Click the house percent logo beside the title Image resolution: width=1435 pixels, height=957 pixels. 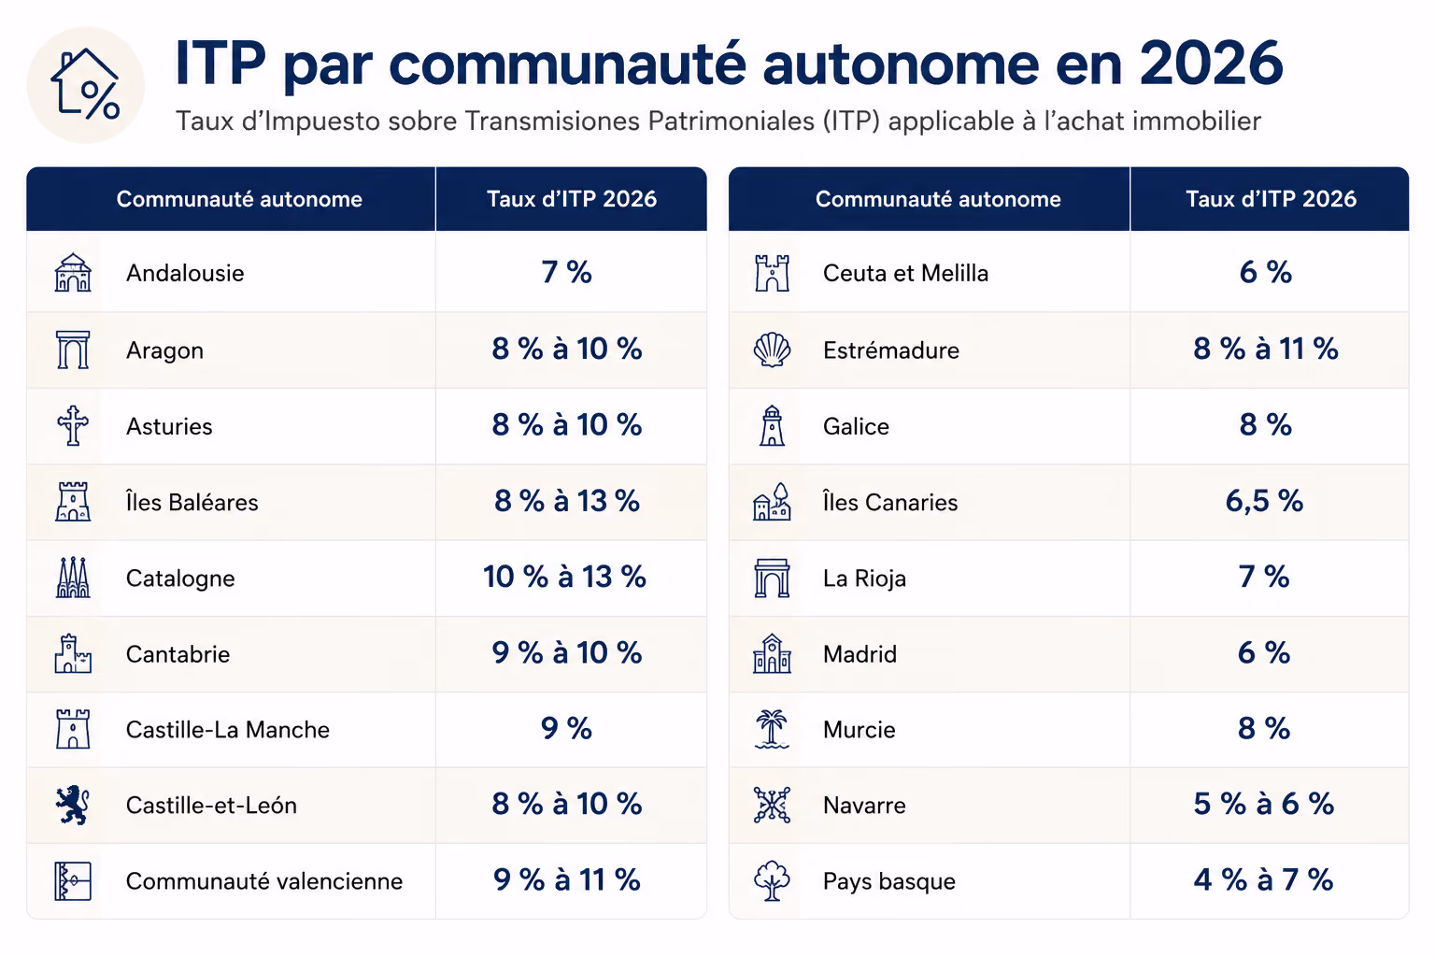pos(86,85)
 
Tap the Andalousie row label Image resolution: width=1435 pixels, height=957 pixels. pos(185,273)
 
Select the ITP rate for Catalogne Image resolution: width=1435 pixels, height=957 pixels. pos(564,577)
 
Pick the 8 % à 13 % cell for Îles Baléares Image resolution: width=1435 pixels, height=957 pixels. pos(567,501)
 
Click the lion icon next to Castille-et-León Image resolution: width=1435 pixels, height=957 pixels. pos(72,805)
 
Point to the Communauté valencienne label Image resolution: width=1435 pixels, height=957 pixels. pos(264,880)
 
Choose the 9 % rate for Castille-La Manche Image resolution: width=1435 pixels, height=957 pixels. pos(566,728)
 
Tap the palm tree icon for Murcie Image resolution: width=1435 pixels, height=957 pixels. pos(772,729)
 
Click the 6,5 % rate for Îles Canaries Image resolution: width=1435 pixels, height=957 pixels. pos(1264,501)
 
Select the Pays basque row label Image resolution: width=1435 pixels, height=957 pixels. pos(889,881)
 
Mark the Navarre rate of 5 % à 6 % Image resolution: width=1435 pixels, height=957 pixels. pos(1264,804)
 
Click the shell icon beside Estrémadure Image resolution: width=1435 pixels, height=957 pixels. pos(772,350)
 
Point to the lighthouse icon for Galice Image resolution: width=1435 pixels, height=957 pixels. pos(772,425)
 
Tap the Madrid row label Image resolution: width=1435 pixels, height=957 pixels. pos(860,654)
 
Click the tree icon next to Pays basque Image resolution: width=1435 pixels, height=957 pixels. pos(772,880)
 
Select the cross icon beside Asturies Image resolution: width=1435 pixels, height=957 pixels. pos(72,425)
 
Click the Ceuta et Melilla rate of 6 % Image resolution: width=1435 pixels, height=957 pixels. pos(1265,272)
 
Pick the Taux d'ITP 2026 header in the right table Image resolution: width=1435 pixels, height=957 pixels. pos(1271,199)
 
